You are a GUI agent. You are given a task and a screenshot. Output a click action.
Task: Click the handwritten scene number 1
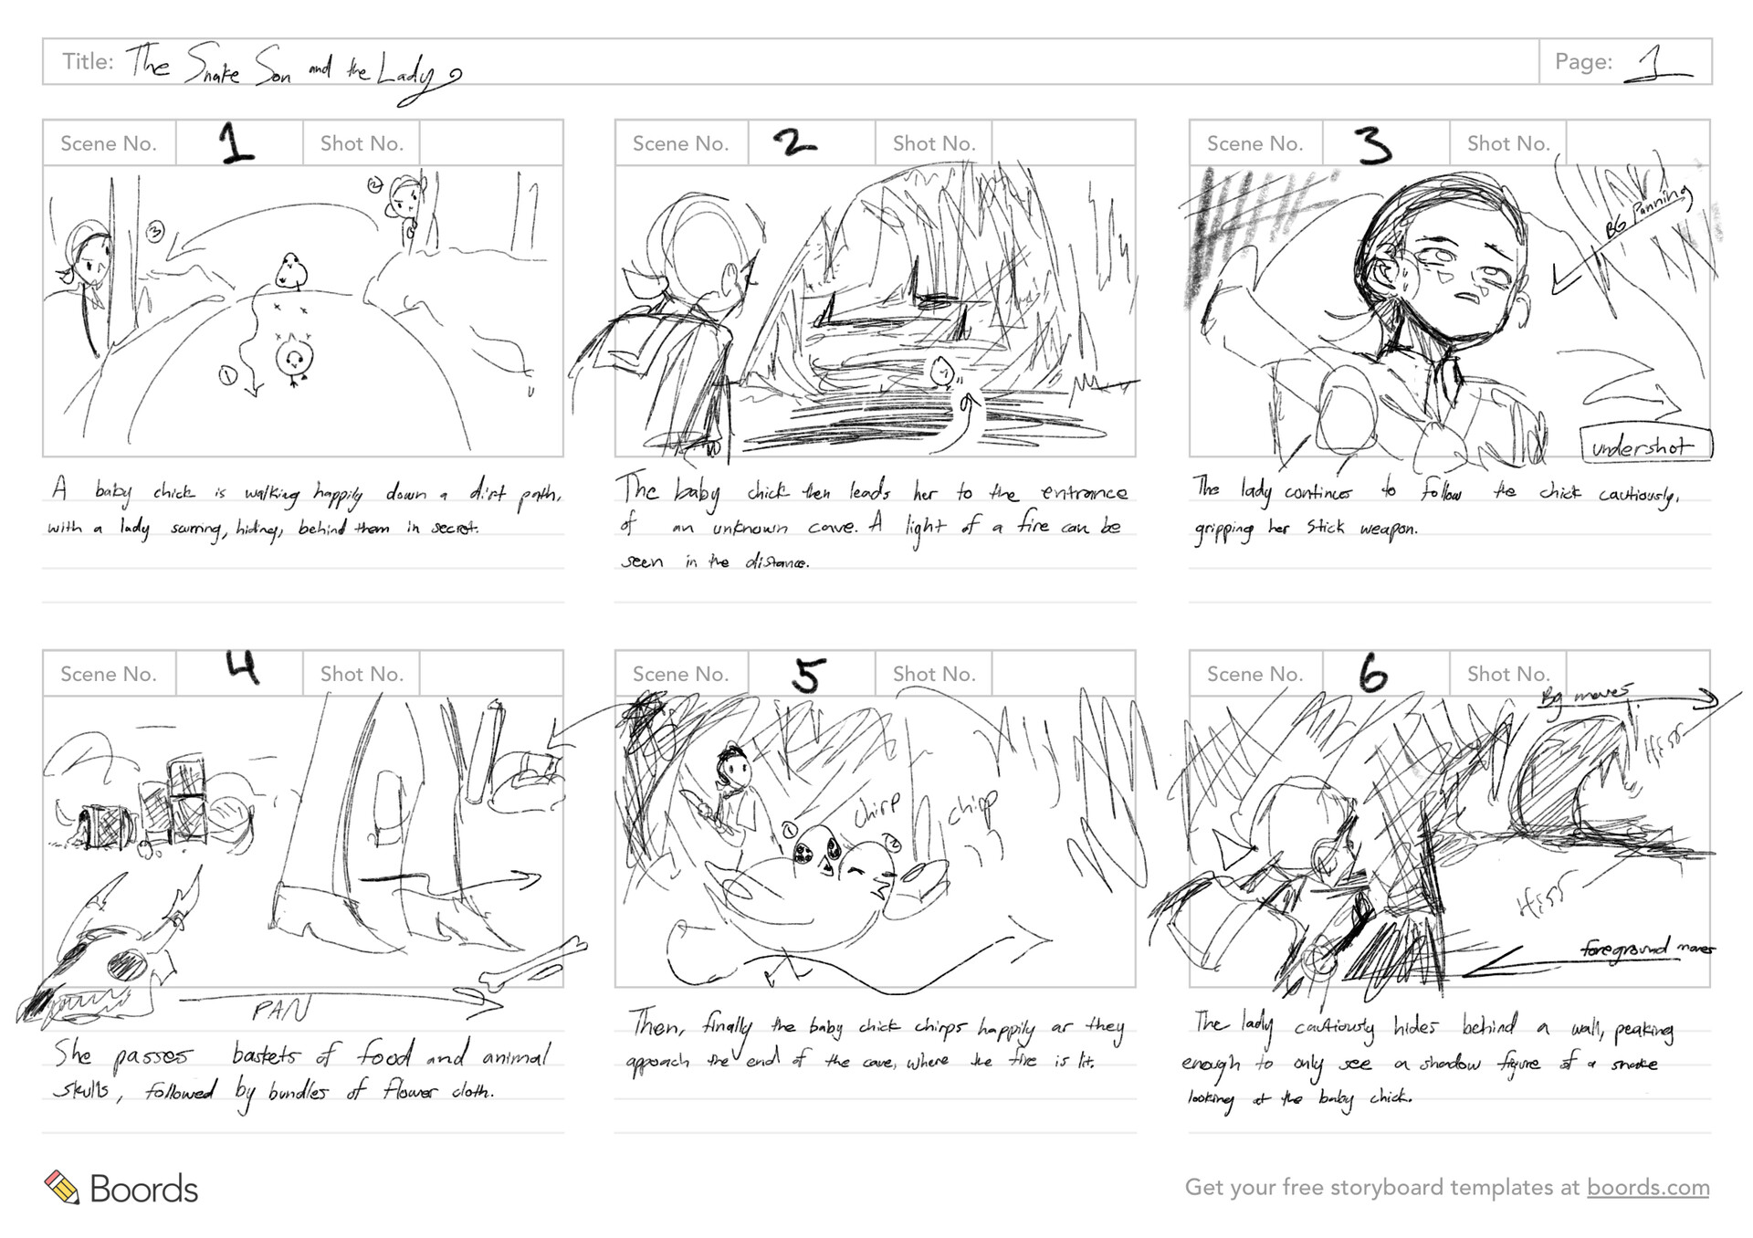click(236, 143)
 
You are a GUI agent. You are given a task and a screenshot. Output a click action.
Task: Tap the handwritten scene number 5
click(809, 676)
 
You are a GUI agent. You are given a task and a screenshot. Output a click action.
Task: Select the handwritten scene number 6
click(1373, 675)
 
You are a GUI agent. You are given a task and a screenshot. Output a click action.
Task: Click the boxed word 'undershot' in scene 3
click(1643, 446)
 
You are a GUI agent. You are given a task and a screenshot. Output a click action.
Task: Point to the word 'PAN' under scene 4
click(280, 1010)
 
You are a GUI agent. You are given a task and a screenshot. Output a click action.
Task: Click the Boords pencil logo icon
click(62, 1187)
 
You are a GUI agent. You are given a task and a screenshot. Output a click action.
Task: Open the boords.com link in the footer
click(1647, 1187)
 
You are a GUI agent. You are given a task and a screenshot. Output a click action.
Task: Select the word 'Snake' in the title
click(213, 66)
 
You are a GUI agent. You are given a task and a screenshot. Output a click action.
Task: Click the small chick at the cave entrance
click(943, 372)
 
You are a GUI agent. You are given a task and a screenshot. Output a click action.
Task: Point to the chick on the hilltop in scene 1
click(291, 270)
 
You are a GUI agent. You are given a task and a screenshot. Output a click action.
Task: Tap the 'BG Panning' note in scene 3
click(1648, 213)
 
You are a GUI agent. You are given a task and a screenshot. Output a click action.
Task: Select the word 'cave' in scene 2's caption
click(832, 528)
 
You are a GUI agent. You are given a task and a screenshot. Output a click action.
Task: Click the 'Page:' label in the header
click(1583, 62)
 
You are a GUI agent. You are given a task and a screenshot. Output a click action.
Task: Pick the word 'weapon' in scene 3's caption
click(1388, 530)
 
